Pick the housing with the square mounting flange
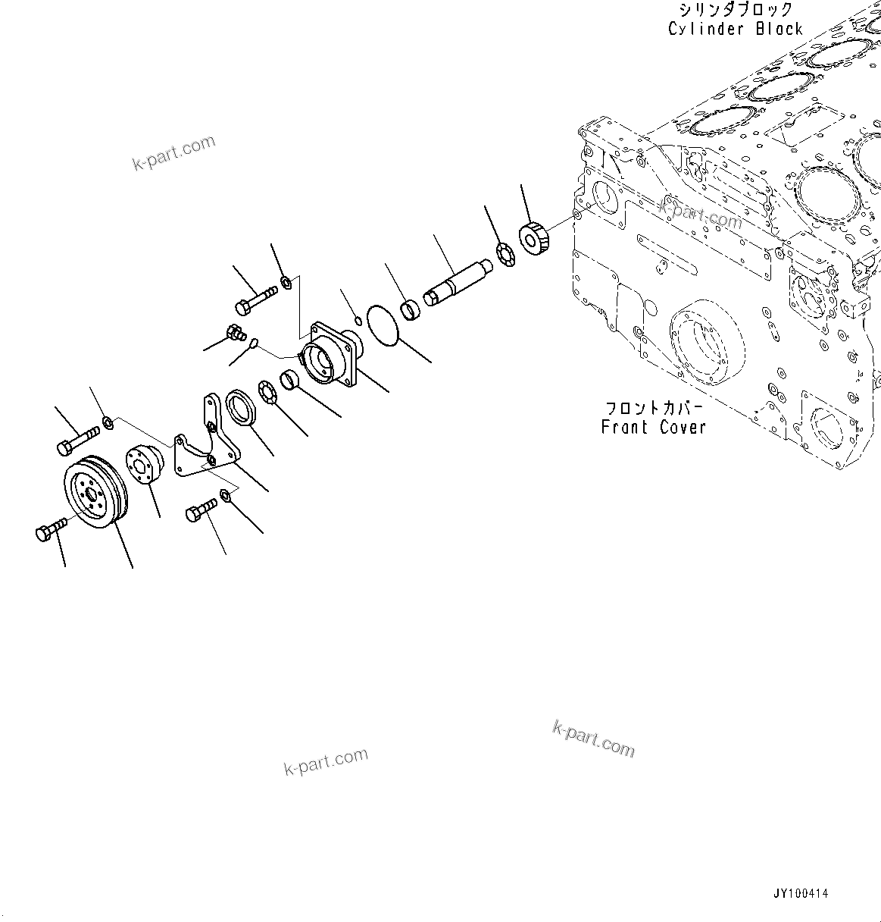click(331, 356)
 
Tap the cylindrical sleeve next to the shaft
click(410, 311)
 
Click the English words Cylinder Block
click(734, 29)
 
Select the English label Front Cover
click(653, 427)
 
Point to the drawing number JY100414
click(801, 895)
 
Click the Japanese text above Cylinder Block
click(734, 10)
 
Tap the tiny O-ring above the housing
click(358, 317)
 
